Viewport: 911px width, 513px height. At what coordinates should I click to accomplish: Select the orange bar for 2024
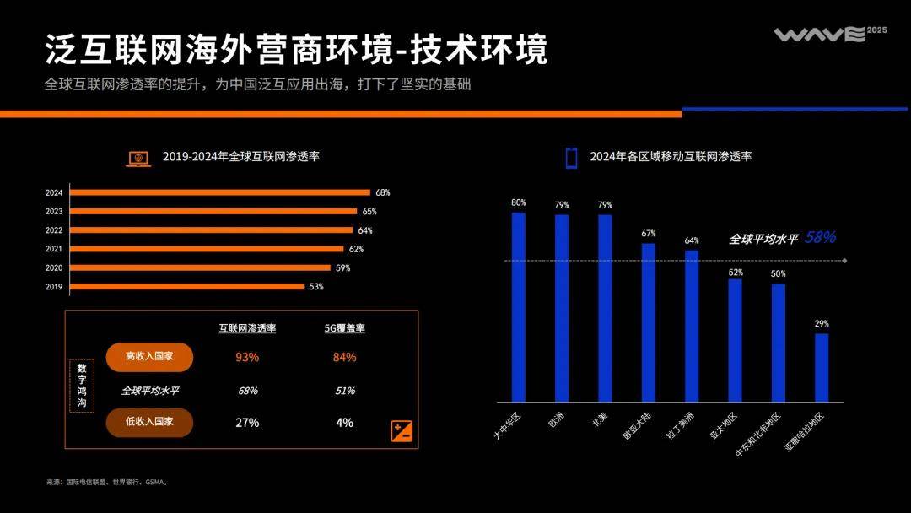[x=219, y=192]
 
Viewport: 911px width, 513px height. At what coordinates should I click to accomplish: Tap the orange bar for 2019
[x=186, y=286]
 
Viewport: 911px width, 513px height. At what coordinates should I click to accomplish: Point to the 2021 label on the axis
[x=54, y=249]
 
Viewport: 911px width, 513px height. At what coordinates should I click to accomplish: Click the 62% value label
[x=356, y=249]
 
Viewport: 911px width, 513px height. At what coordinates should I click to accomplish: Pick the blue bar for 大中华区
[x=518, y=307]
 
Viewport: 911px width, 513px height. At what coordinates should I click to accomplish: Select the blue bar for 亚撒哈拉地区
[x=822, y=368]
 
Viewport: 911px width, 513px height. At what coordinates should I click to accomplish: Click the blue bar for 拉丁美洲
[x=692, y=326]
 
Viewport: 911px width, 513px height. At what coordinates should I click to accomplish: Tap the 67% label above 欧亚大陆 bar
[x=648, y=234]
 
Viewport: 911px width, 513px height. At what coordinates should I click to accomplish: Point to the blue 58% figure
[x=820, y=238]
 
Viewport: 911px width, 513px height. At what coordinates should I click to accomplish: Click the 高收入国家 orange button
[x=150, y=357]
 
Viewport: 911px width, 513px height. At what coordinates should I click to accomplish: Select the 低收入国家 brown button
[x=150, y=422]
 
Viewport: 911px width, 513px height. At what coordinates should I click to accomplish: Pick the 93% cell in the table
[x=247, y=357]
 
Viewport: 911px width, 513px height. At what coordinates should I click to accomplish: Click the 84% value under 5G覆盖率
[x=344, y=357]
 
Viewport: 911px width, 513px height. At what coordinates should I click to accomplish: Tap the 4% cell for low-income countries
[x=344, y=422]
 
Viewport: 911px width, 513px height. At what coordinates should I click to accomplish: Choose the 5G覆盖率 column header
[x=344, y=328]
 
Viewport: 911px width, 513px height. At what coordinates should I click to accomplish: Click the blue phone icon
[x=571, y=158]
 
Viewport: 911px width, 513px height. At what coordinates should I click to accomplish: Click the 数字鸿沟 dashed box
[x=82, y=386]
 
